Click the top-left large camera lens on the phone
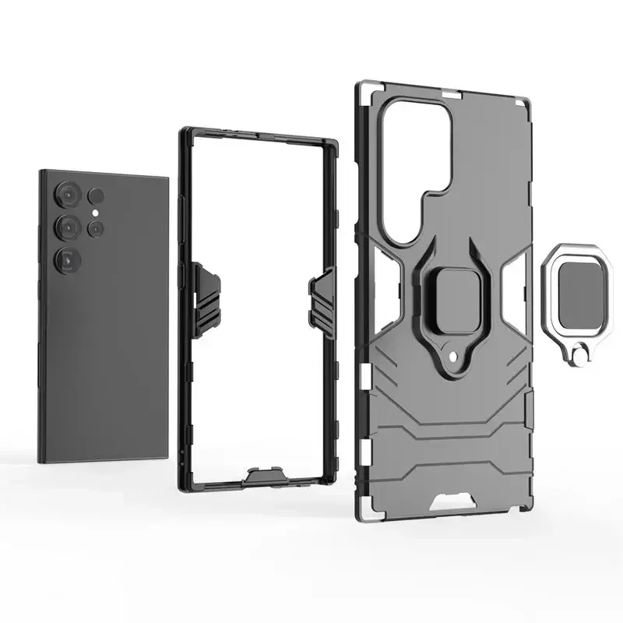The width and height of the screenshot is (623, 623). (69, 196)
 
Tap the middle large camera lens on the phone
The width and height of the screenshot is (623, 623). (68, 227)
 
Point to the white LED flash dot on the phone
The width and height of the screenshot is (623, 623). (94, 212)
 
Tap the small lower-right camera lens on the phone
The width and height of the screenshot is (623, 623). (96, 228)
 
